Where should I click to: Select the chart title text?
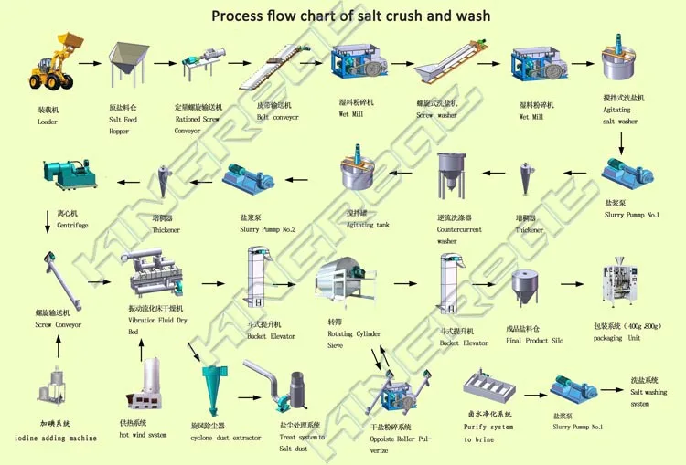click(350, 16)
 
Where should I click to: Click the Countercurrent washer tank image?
click(450, 175)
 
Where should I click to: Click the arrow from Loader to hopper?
click(89, 64)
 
